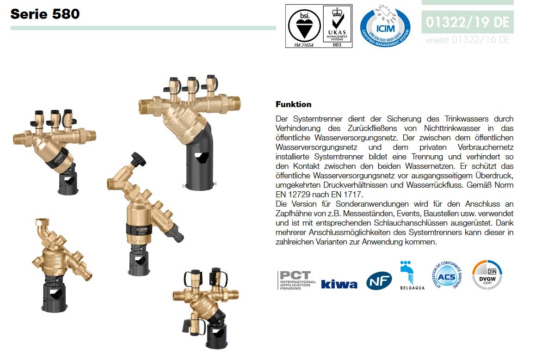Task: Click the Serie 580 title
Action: coord(45,14)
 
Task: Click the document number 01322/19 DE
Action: coord(468,22)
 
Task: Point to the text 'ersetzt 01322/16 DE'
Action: coord(468,40)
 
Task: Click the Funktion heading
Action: coord(293,104)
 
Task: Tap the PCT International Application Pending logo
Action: coord(296,280)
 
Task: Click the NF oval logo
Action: coord(379,281)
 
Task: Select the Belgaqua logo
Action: coord(412,276)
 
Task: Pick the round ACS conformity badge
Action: coord(447,277)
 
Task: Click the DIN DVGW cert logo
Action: coord(487,275)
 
